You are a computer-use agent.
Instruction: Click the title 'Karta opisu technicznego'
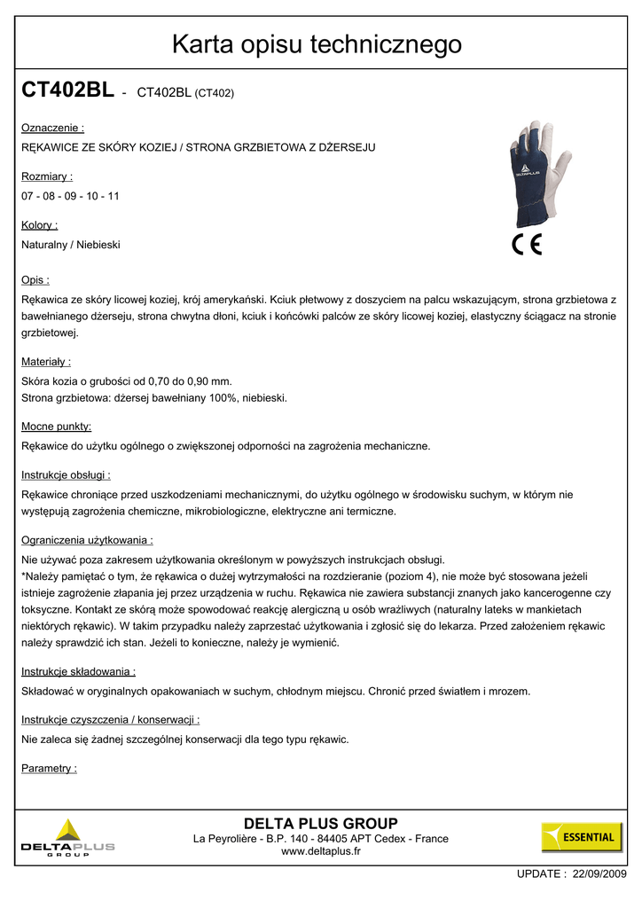pyautogui.click(x=317, y=43)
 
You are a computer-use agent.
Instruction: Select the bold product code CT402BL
pyautogui.click(x=67, y=90)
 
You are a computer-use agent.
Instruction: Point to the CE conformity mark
pyautogui.click(x=528, y=245)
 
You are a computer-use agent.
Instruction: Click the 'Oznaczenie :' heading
pyautogui.click(x=52, y=129)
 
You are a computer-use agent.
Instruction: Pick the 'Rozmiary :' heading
pyautogui.click(x=47, y=177)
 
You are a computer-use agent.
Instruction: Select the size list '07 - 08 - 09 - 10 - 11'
pyautogui.click(x=70, y=196)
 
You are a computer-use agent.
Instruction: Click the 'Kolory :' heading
pyautogui.click(x=40, y=225)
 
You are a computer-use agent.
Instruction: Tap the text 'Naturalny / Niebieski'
pyautogui.click(x=71, y=245)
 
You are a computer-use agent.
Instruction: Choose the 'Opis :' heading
pyautogui.click(x=35, y=280)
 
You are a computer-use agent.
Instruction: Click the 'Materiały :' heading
pyautogui.click(x=46, y=362)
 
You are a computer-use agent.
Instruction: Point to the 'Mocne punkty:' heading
pyautogui.click(x=57, y=427)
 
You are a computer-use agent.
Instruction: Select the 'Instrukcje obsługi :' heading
pyautogui.click(x=66, y=475)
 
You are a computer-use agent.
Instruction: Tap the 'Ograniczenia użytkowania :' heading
pyautogui.click(x=88, y=539)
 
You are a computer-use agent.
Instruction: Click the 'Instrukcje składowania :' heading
pyautogui.click(x=78, y=672)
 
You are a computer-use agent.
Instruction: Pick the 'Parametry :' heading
pyautogui.click(x=49, y=768)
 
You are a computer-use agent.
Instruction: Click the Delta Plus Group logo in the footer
pyautogui.click(x=68, y=839)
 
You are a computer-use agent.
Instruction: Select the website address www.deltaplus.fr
pyautogui.click(x=321, y=851)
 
